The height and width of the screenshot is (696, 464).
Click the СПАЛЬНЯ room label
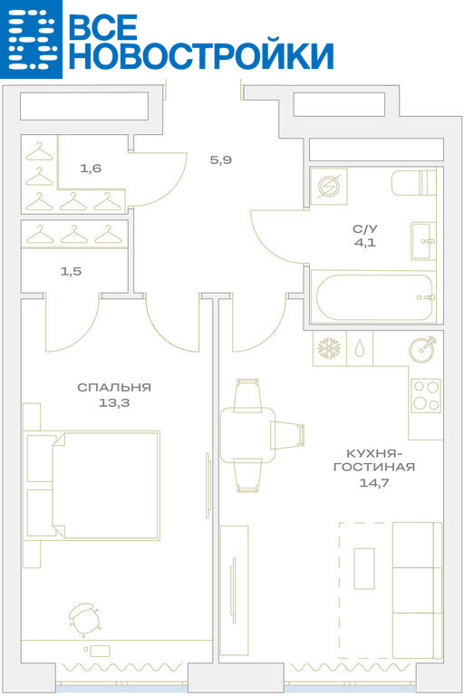pyautogui.click(x=114, y=388)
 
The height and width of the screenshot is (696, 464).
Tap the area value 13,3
pyautogui.click(x=114, y=403)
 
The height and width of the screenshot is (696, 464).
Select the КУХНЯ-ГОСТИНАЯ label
pyautogui.click(x=374, y=460)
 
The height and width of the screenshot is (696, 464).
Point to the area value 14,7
pyautogui.click(x=374, y=482)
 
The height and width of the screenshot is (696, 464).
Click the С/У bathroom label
pyautogui.click(x=365, y=229)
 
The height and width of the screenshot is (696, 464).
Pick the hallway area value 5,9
pyautogui.click(x=221, y=159)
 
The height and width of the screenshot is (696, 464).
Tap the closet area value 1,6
pyautogui.click(x=91, y=169)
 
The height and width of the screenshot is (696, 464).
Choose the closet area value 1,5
pyautogui.click(x=71, y=271)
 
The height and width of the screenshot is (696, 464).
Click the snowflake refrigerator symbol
pyautogui.click(x=329, y=348)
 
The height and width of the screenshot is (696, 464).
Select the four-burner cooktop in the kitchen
pyautogui.click(x=426, y=394)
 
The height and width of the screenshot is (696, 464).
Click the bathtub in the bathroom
pyautogui.click(x=374, y=297)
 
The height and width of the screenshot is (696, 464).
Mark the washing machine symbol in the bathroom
pyautogui.click(x=329, y=186)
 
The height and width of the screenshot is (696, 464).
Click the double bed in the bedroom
pyautogui.click(x=93, y=485)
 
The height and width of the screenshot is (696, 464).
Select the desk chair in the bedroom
pyautogui.click(x=84, y=619)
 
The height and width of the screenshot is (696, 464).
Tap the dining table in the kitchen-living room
pyautogui.click(x=247, y=435)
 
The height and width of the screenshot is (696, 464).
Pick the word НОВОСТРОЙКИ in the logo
pyautogui.click(x=201, y=56)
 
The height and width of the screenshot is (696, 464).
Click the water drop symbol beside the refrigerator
pyautogui.click(x=359, y=349)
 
